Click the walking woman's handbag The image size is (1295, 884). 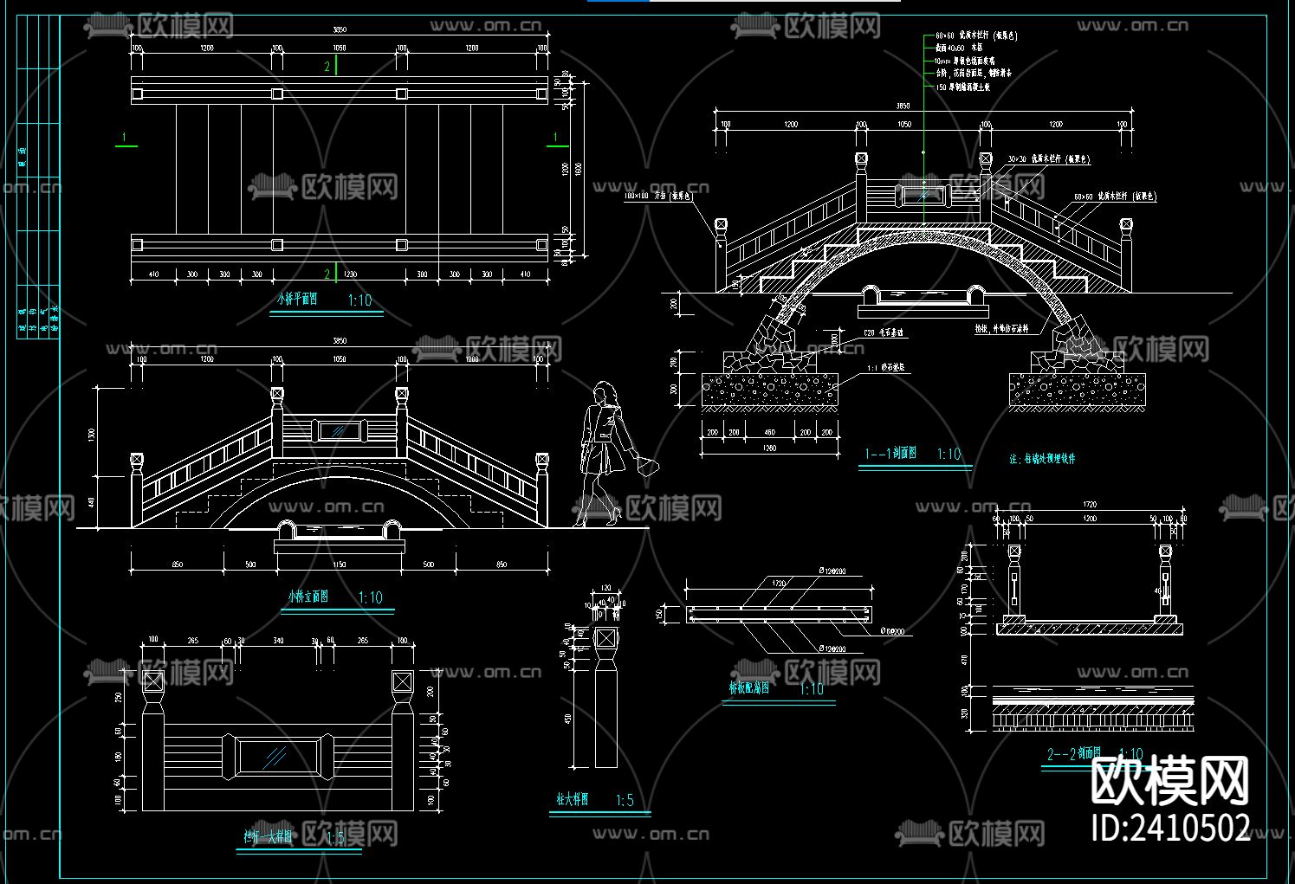pyautogui.click(x=645, y=467)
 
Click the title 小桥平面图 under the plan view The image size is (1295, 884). pyautogui.click(x=297, y=300)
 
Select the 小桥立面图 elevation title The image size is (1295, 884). pyautogui.click(x=308, y=597)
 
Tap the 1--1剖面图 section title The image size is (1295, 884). pyautogui.click(x=890, y=454)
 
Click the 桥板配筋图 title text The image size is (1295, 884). pyautogui.click(x=750, y=688)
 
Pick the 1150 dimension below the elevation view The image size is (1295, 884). pyautogui.click(x=339, y=565)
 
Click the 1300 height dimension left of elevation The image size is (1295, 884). pyautogui.click(x=92, y=433)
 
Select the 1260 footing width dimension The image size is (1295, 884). pyautogui.click(x=768, y=448)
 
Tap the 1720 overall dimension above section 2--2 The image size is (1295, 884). pyautogui.click(x=1089, y=504)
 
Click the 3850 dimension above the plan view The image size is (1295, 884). pyautogui.click(x=340, y=29)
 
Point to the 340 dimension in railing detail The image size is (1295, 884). pyautogui.click(x=278, y=641)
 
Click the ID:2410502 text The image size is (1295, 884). pyautogui.click(x=1170, y=828)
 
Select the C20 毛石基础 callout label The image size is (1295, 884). pyautogui.click(x=884, y=332)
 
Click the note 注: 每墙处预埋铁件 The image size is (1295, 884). pyautogui.click(x=1042, y=459)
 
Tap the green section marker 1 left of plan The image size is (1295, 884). pyautogui.click(x=125, y=138)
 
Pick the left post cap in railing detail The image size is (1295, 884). pyautogui.click(x=153, y=681)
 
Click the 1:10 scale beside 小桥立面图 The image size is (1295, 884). pyautogui.click(x=371, y=597)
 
